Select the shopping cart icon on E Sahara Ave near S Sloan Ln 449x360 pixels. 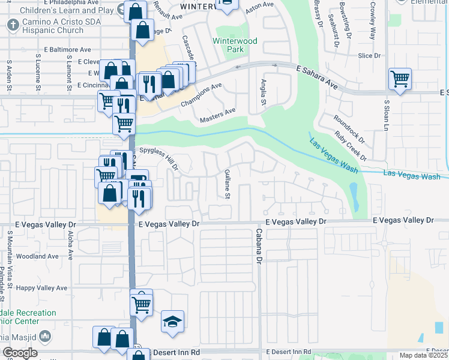400,78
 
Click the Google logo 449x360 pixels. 19,353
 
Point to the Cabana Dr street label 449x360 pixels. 260,246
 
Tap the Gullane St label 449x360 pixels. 227,184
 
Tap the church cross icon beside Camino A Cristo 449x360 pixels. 13,25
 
